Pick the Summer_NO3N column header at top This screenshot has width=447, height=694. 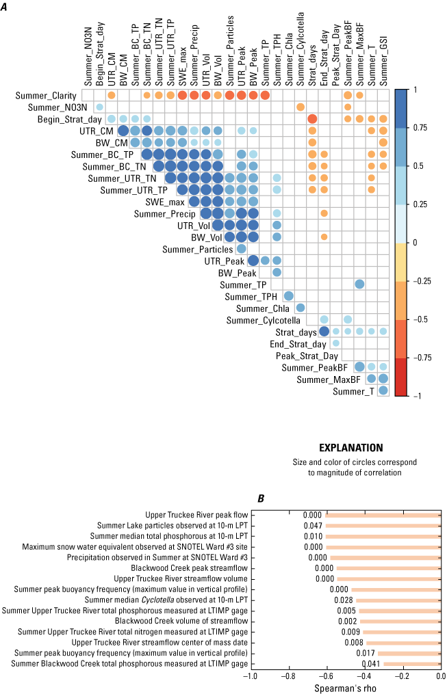(x=87, y=58)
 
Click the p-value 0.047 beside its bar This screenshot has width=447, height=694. (x=313, y=526)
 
